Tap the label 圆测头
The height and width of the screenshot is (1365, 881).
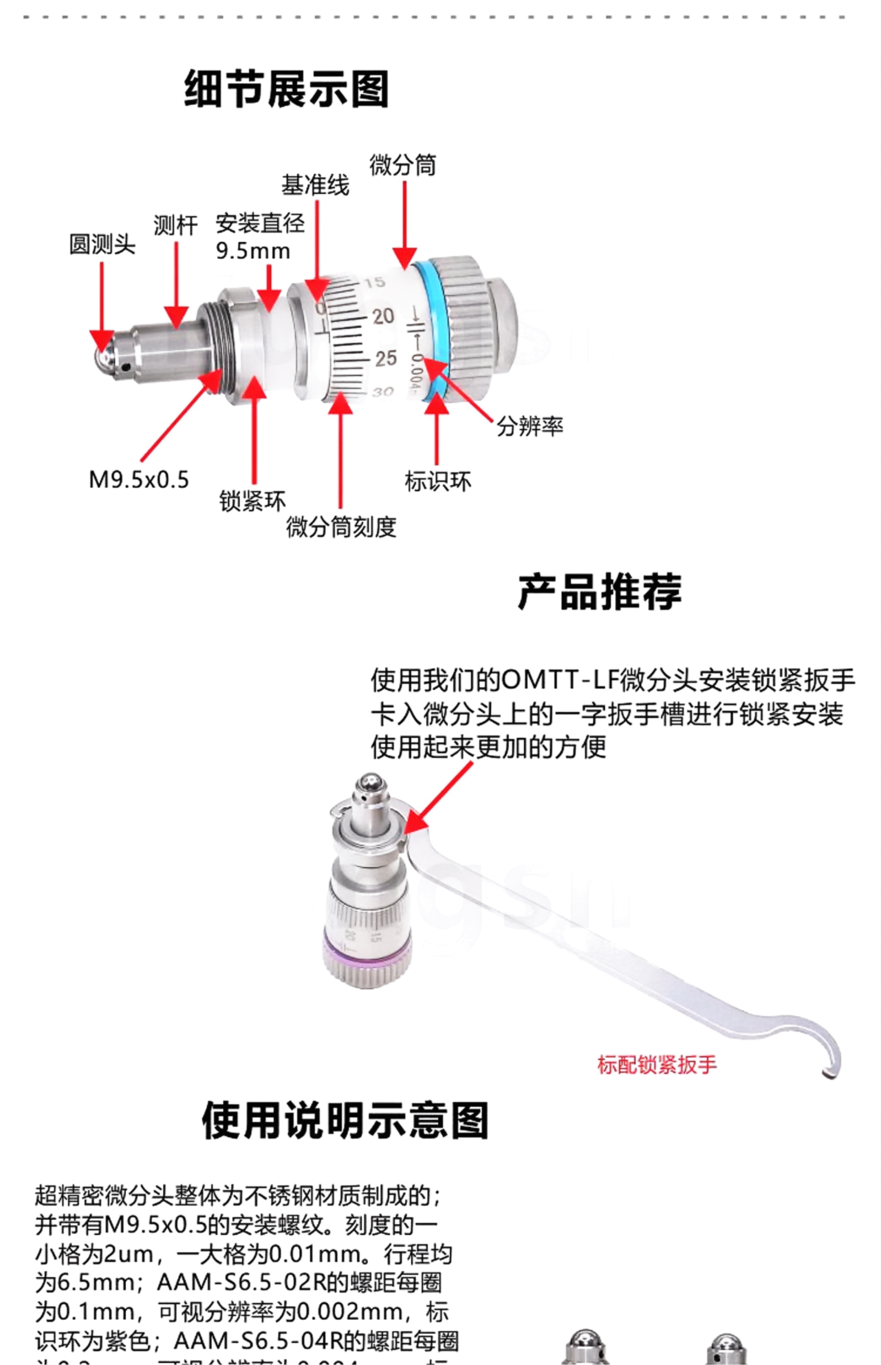click(102, 244)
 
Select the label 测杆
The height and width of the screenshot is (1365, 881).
click(175, 225)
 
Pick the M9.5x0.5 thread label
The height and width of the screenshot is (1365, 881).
click(139, 480)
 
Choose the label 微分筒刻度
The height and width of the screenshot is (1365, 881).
click(341, 526)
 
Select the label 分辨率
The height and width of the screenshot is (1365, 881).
click(529, 426)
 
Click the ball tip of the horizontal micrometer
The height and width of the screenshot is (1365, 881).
click(103, 357)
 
